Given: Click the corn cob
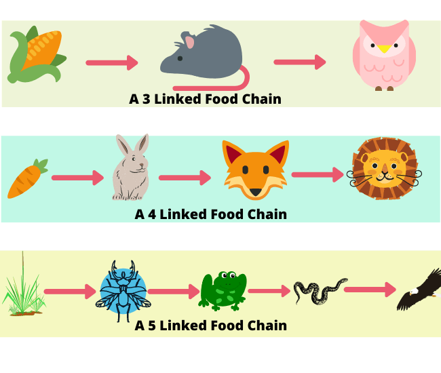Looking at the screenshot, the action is pos(37,55).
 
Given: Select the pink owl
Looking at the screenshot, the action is pos(384,56).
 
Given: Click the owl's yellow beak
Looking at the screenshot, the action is pos(384,49).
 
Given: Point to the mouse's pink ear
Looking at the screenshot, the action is pos(190,42).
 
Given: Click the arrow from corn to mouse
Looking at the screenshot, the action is pos(112,62).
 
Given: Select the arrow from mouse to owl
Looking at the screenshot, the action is pos(300,62).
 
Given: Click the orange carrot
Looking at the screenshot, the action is pos(27,179).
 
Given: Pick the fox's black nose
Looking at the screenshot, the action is pos(256,192).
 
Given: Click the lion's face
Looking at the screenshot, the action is pos(385,169).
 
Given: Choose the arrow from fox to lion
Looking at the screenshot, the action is pos(318,174).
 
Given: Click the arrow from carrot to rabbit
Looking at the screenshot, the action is pos(77,178).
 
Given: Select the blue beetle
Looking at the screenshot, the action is pos(123,291).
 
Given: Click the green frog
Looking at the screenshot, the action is pos(223,291).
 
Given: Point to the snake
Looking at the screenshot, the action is pos(320,291).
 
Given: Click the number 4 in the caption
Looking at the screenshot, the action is pos(152,214).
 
